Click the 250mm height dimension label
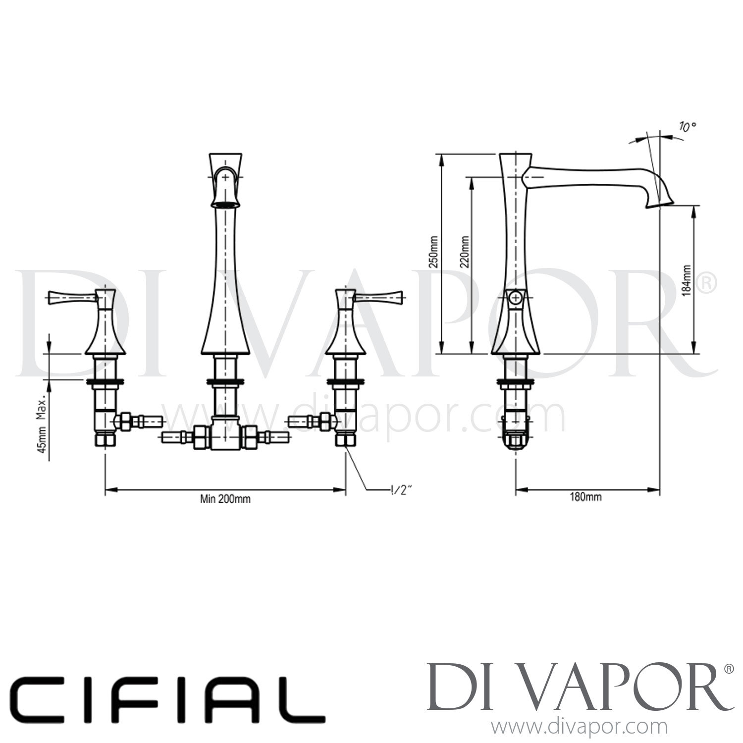pyautogui.click(x=433, y=253)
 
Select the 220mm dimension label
pyautogui.click(x=464, y=253)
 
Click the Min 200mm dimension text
pyautogui.click(x=225, y=499)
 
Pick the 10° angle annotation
pyautogui.click(x=687, y=127)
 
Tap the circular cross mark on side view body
pyautogui.click(x=516, y=298)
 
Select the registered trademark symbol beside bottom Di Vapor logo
pyautogui.click(x=729, y=669)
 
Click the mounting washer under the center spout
pyautogui.click(x=225, y=381)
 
